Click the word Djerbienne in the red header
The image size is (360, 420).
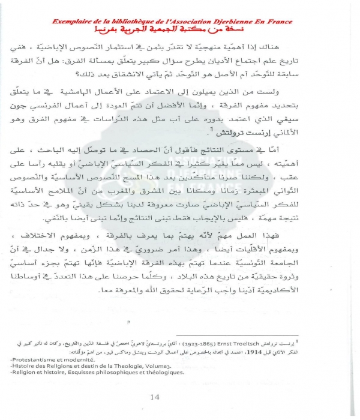point(238,22)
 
